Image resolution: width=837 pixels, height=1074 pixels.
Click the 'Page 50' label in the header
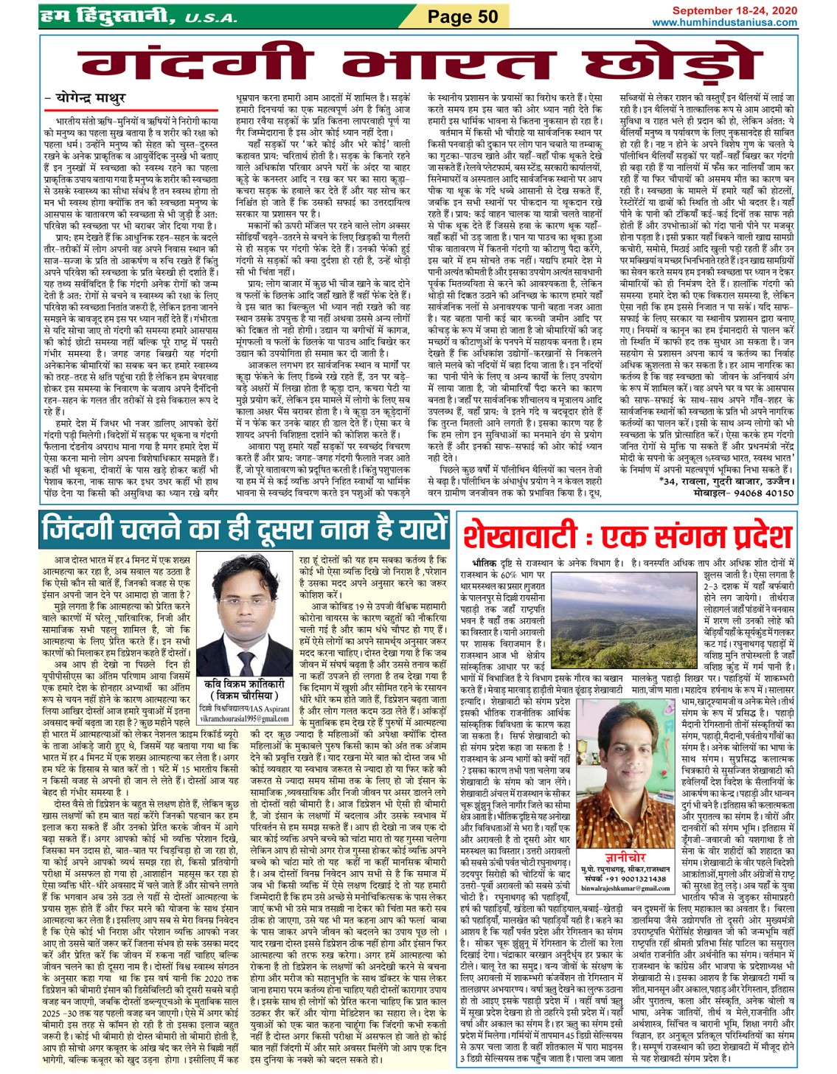(x=463, y=16)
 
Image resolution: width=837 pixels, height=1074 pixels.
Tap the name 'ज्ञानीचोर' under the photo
(x=625, y=858)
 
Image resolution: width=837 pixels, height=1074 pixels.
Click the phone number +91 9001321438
(x=636, y=879)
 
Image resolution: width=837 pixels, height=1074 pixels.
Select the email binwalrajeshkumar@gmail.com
(x=625, y=889)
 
